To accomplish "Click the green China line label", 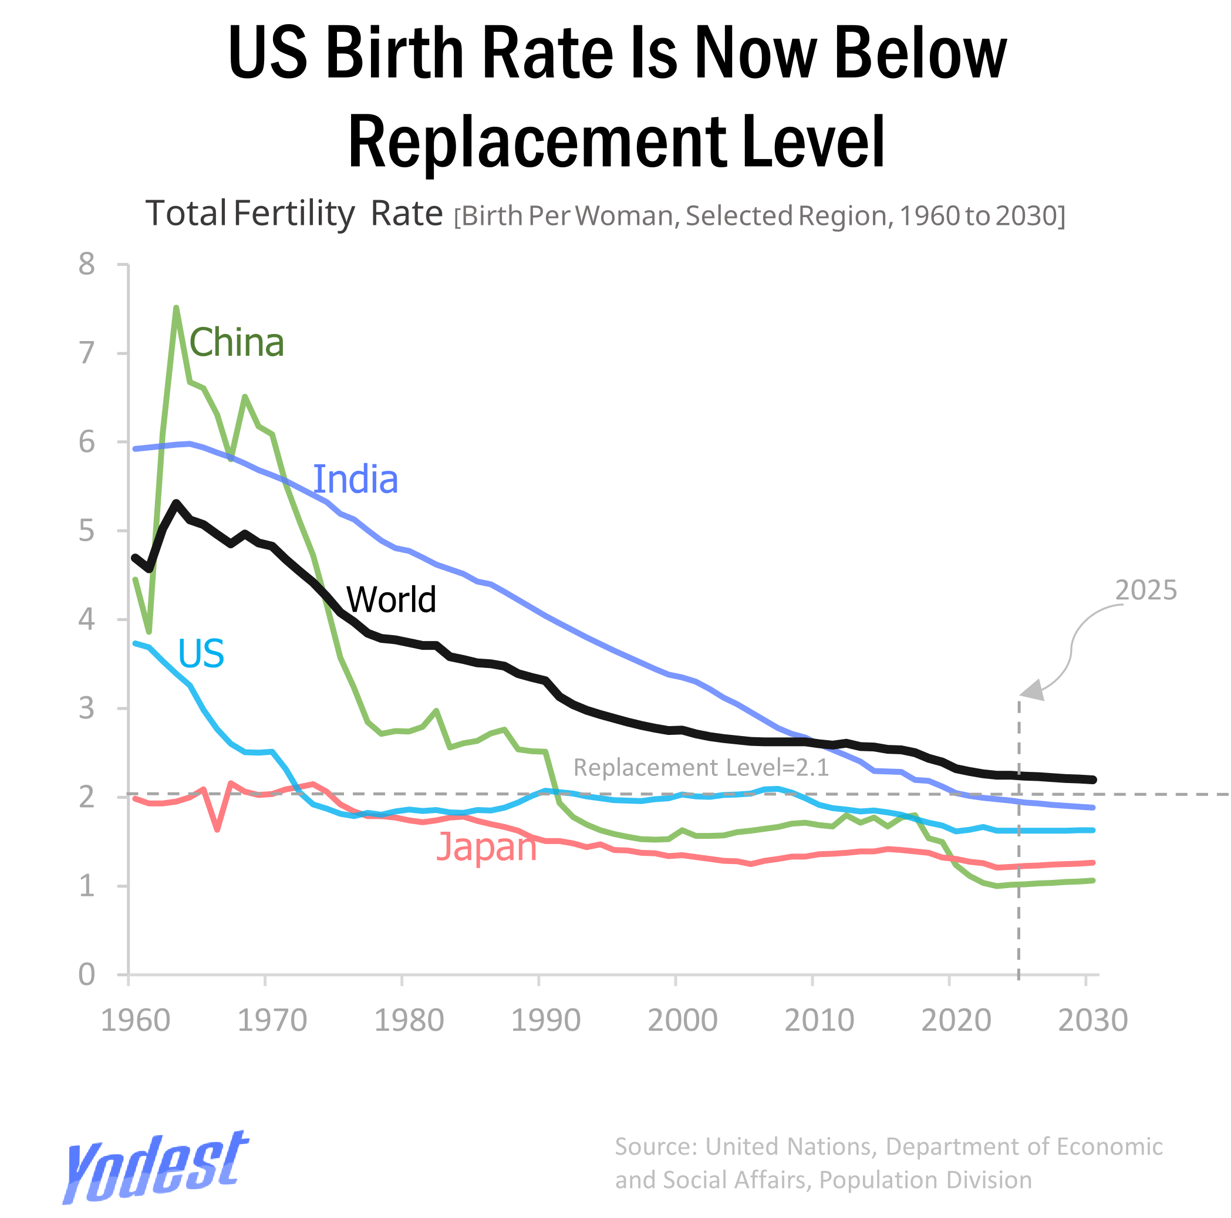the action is pyautogui.click(x=237, y=343).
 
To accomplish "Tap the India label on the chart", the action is pyautogui.click(x=356, y=480).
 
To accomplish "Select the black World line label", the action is pyautogui.click(x=390, y=600).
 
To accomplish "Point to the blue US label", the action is pyautogui.click(x=201, y=653).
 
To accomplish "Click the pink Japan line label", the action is pyautogui.click(x=486, y=848).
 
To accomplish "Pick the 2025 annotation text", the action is pyautogui.click(x=1145, y=591).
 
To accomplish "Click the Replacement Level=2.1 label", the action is pyautogui.click(x=701, y=768).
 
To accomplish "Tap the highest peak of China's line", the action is pyautogui.click(x=177, y=308).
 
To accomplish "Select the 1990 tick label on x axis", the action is pyautogui.click(x=545, y=1021).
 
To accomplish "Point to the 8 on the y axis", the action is pyautogui.click(x=87, y=264).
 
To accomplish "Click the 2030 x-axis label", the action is pyautogui.click(x=1092, y=1021).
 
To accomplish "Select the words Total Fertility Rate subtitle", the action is pyautogui.click(x=294, y=214).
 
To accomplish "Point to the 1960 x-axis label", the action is pyautogui.click(x=136, y=1021).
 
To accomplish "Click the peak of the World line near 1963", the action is pyautogui.click(x=177, y=503).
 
